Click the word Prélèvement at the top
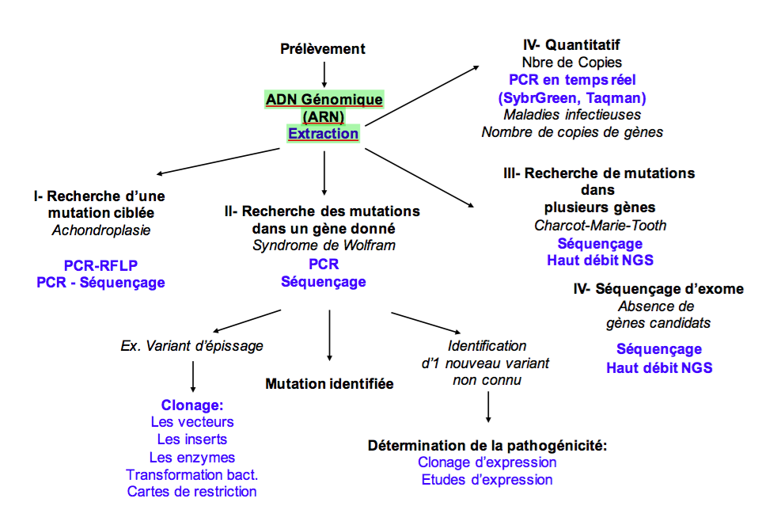point(323,49)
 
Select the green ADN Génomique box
point(324,100)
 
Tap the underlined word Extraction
point(323,134)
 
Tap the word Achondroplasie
point(100,231)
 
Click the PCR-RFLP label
point(100,265)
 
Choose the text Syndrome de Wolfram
point(324,245)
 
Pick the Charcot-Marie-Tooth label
point(600,226)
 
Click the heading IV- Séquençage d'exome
point(658,289)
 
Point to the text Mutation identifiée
point(329,384)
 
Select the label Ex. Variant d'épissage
point(191,346)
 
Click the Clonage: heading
point(192,405)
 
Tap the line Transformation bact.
point(192,474)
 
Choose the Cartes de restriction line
point(192,492)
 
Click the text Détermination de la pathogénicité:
point(487,446)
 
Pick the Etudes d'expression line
point(487,480)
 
